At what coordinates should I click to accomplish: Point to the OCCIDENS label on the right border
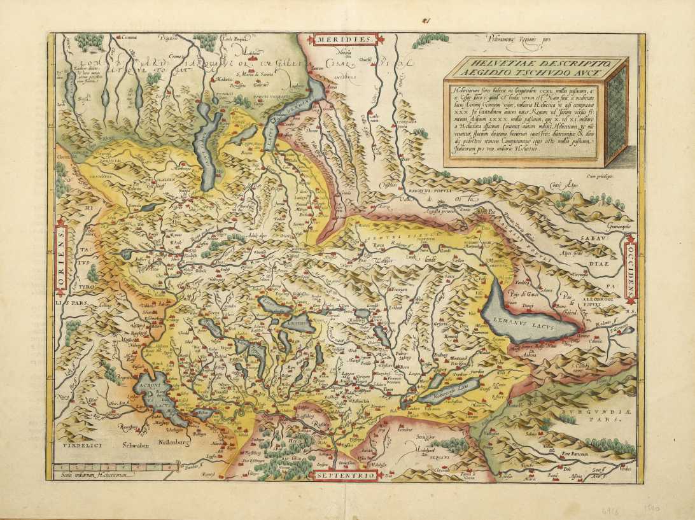tap(631, 267)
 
